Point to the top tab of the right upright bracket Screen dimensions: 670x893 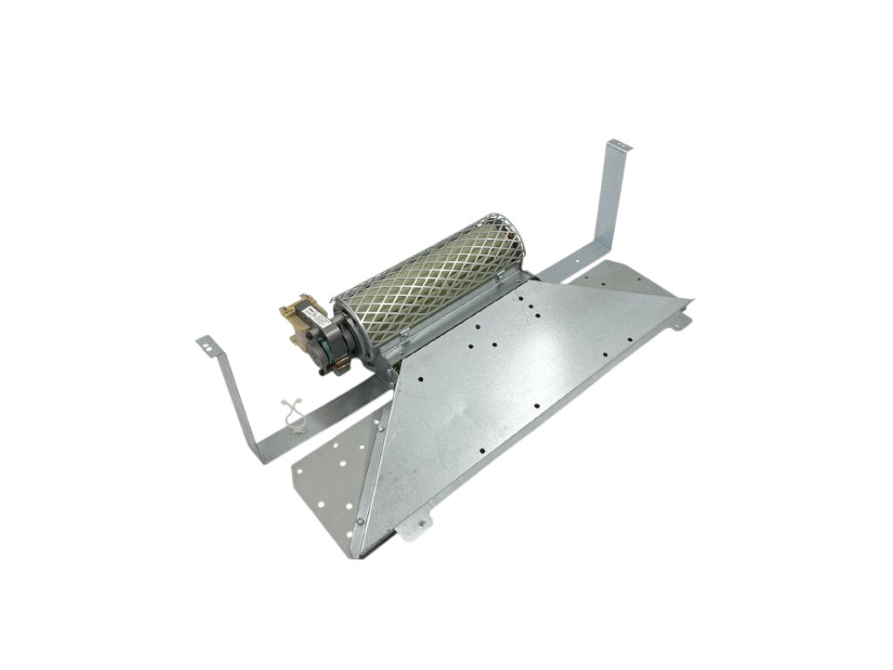coord(617,144)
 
